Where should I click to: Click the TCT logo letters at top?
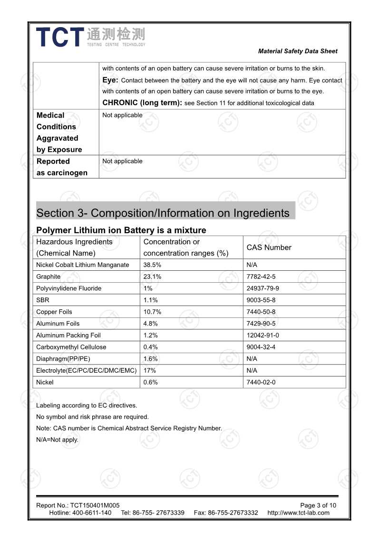coord(59,37)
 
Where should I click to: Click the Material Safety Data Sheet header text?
coord(298,51)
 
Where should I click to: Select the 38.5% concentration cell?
coord(152,265)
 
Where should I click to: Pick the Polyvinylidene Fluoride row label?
coord(68,288)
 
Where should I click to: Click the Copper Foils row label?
coord(54,312)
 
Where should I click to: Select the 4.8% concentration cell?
coord(150,324)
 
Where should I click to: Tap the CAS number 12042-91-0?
coord(263,335)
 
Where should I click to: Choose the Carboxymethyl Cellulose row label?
coord(71,347)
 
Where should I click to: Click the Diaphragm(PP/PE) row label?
coord(60,359)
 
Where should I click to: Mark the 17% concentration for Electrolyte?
coord(150,370)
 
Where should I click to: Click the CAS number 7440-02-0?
coord(261,382)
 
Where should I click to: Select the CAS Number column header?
coord(269,247)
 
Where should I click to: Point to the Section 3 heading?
coord(163,213)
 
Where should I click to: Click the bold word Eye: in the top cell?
coord(110,80)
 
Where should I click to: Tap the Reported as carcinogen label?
coord(62,167)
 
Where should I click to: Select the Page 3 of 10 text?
coord(318,505)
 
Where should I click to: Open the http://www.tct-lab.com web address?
coord(298,513)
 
